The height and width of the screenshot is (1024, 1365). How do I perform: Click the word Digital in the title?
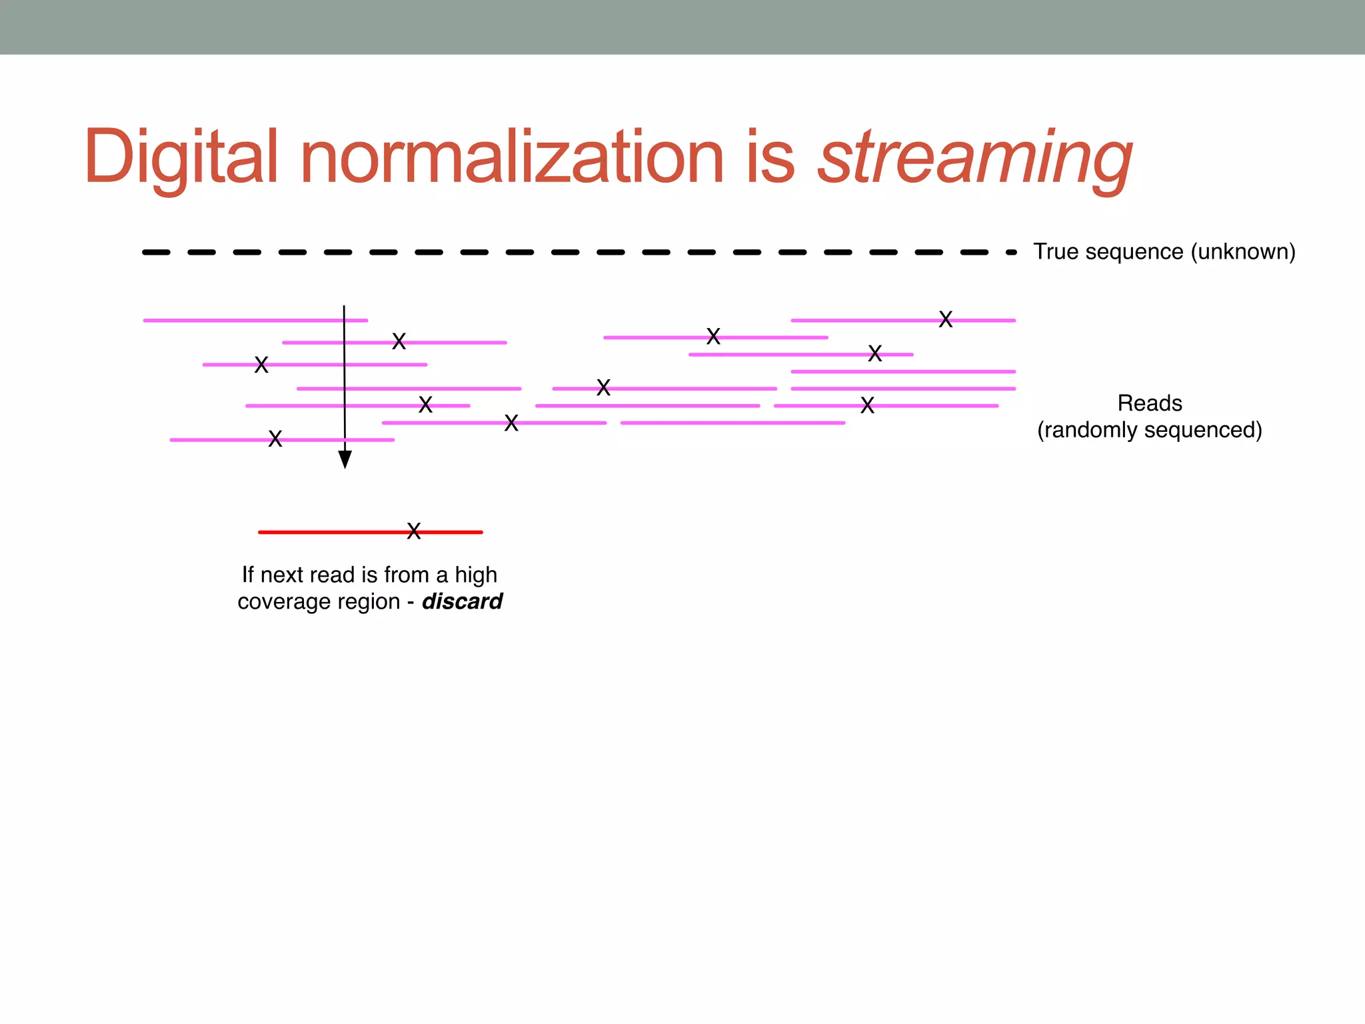click(x=180, y=157)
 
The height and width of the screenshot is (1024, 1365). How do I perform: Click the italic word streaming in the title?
click(x=974, y=157)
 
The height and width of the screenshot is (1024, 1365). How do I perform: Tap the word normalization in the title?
click(x=511, y=157)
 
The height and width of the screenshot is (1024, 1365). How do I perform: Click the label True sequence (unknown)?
click(x=1164, y=252)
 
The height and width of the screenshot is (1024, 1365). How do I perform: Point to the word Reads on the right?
click(x=1150, y=403)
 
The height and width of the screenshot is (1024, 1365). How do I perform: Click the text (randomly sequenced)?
click(x=1150, y=430)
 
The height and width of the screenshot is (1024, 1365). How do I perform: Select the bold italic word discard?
click(x=462, y=601)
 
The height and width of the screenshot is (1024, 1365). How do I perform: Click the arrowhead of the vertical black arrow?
click(x=345, y=459)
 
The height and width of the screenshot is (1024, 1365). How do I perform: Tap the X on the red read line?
click(x=414, y=531)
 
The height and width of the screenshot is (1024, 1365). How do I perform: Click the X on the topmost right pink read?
click(x=945, y=320)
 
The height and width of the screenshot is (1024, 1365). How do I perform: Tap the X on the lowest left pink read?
click(x=275, y=439)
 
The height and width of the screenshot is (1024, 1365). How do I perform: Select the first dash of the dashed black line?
click(x=156, y=253)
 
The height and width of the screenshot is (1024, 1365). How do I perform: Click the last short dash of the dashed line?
click(x=1011, y=253)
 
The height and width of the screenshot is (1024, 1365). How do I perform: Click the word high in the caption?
click(x=476, y=575)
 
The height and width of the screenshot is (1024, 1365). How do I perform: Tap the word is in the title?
click(x=770, y=157)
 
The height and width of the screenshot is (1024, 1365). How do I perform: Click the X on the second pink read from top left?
click(x=399, y=342)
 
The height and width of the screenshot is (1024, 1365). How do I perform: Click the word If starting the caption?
click(x=247, y=575)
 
